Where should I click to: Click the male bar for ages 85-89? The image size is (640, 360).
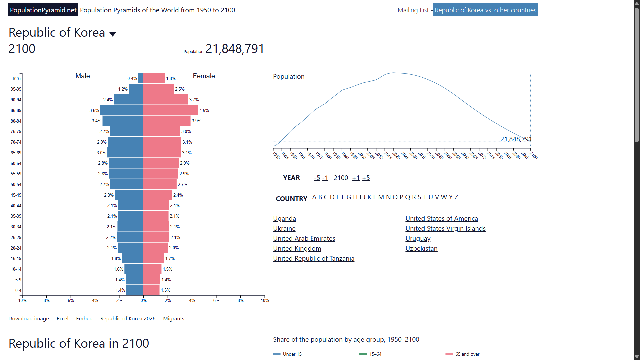122,110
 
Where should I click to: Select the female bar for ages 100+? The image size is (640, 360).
154,78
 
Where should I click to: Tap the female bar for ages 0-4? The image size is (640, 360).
151,290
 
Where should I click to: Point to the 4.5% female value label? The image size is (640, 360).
204,110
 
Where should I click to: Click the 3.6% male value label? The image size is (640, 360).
94,110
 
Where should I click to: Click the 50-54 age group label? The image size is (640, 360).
16,184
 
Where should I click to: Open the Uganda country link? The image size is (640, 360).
284,218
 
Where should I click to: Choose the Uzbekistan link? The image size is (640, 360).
421,248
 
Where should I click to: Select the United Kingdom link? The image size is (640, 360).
297,248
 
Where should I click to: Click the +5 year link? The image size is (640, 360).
366,178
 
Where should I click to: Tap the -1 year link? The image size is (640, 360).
325,178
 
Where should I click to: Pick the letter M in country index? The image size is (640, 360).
381,197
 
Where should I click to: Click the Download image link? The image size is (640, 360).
29,318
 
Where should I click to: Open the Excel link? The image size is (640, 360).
62,318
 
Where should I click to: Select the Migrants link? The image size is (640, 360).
174,318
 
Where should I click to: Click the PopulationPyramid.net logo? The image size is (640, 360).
43,10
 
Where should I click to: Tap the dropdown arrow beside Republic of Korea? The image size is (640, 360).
113,34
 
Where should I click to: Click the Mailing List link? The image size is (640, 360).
413,10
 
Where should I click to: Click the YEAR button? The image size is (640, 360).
291,178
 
